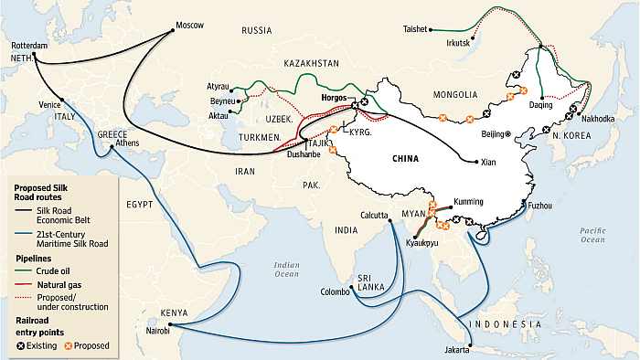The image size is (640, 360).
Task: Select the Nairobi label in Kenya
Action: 154,330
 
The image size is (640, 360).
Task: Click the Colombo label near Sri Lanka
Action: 336,292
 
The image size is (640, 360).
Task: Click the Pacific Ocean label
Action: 592,235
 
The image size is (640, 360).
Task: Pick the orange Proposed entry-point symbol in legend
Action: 67,346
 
